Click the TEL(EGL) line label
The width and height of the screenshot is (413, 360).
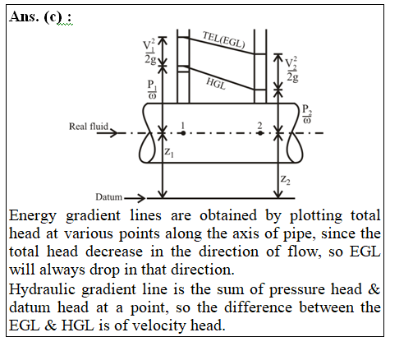(x=223, y=39)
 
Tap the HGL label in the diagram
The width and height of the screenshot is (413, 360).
(x=216, y=84)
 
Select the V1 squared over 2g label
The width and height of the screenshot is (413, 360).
(x=149, y=51)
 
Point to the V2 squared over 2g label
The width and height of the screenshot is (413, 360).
(x=292, y=70)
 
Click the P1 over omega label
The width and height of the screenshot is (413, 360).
(x=152, y=89)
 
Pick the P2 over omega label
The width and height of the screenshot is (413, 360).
(x=307, y=113)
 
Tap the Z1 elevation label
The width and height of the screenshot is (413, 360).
(x=169, y=152)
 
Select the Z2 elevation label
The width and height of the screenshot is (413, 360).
(x=285, y=180)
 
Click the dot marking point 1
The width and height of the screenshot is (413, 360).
(x=183, y=133)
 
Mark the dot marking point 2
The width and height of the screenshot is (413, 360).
(x=260, y=133)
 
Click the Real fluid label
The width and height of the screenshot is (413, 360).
(x=89, y=127)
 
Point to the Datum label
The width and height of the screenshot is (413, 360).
(x=108, y=196)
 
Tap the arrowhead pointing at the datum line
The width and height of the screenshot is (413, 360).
(x=141, y=198)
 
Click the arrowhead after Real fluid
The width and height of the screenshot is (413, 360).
(x=113, y=133)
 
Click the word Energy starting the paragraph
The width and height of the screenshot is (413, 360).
(x=33, y=216)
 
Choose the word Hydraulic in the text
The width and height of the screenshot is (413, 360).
(x=42, y=290)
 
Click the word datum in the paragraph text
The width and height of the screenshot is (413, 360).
(x=30, y=307)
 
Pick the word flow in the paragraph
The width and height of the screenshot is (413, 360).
(x=304, y=252)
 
